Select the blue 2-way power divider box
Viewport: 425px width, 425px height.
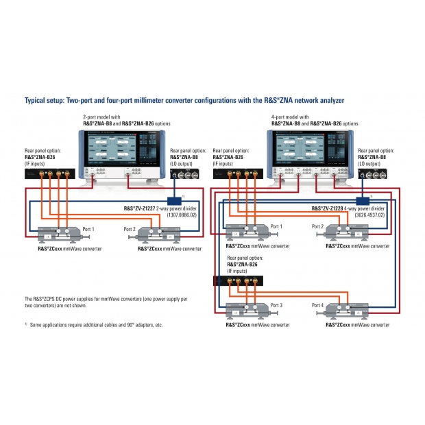coord(174,200)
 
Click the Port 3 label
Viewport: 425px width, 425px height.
coord(276,305)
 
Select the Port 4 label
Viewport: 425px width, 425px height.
coord(318,305)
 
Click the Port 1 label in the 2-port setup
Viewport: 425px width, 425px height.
coord(88,229)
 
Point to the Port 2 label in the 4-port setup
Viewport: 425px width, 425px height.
coord(318,227)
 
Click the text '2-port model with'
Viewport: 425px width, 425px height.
coord(101,117)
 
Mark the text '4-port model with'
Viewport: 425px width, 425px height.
coord(290,117)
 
